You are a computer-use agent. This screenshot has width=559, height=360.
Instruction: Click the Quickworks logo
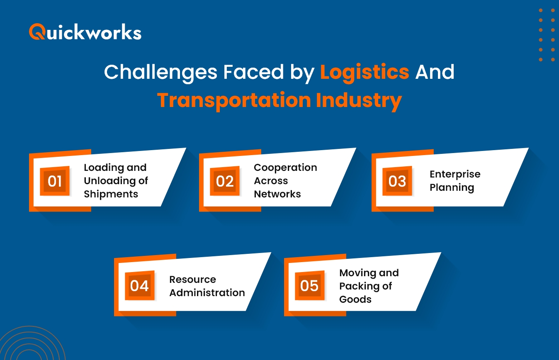point(85,32)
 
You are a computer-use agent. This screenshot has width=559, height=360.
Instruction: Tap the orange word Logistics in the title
point(365,72)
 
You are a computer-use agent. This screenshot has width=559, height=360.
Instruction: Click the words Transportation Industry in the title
point(279,100)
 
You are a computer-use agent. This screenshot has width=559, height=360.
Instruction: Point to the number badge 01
point(55,181)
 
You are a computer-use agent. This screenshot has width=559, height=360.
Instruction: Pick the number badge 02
point(225,181)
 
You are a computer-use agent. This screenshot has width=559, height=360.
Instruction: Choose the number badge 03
point(397,181)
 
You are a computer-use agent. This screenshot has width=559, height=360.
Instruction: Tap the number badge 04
point(139,286)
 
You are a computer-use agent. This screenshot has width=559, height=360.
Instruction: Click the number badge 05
point(309,286)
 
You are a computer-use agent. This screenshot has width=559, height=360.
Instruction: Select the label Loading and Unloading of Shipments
point(116,181)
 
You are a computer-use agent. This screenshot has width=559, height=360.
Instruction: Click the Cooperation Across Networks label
point(285,181)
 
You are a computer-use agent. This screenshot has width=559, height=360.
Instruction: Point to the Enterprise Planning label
point(455,181)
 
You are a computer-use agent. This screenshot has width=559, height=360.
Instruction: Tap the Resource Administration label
point(207,286)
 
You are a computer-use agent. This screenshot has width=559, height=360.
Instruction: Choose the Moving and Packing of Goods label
point(369,286)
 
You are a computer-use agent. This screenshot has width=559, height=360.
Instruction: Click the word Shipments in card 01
point(111,194)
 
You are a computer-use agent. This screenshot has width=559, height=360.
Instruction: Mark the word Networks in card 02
point(277,194)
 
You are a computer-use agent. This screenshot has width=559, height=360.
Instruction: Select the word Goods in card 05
point(355,299)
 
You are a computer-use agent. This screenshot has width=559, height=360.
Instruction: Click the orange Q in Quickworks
point(37,32)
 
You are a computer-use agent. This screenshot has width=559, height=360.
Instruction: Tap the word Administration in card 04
point(207,292)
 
